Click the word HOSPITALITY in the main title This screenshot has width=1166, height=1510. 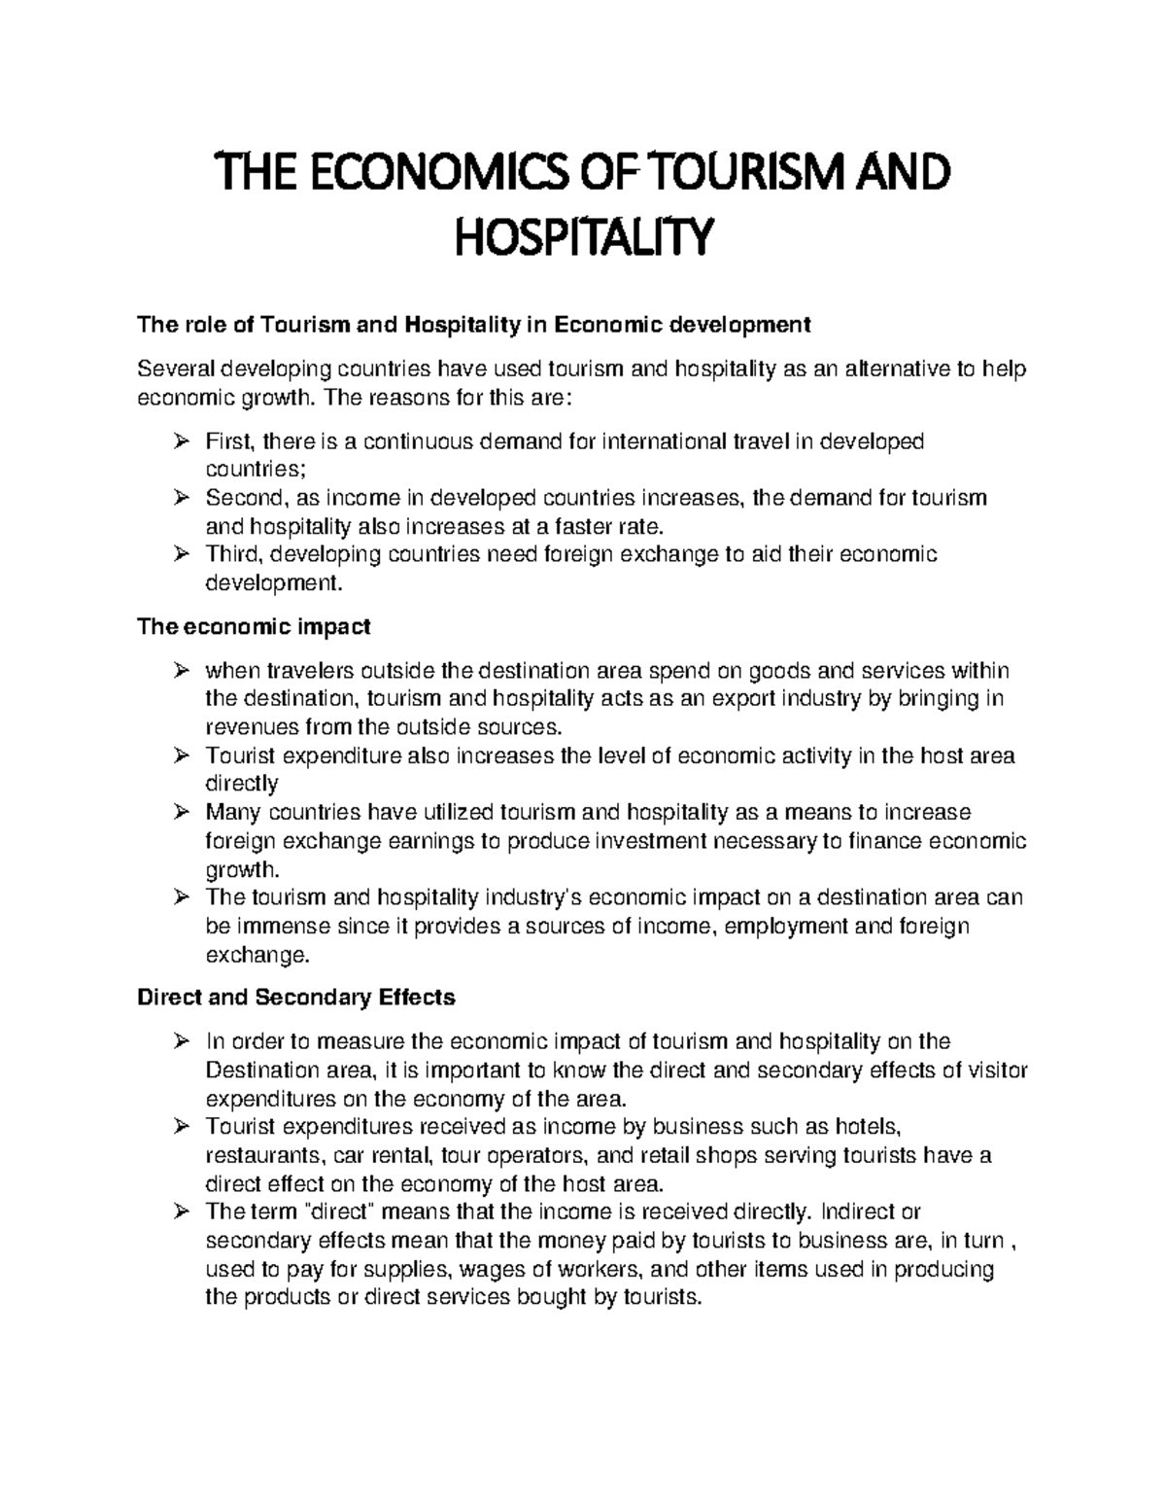point(584,237)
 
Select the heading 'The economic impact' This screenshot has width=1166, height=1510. point(254,627)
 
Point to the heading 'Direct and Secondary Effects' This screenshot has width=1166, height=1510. point(296,998)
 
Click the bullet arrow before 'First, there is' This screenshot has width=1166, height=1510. point(180,442)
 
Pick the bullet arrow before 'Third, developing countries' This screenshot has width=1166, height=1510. point(180,555)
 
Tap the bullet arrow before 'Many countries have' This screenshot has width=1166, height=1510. point(180,812)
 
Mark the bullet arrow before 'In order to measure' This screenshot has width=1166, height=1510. point(180,1041)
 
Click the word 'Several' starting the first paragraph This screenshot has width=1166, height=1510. point(177,369)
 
